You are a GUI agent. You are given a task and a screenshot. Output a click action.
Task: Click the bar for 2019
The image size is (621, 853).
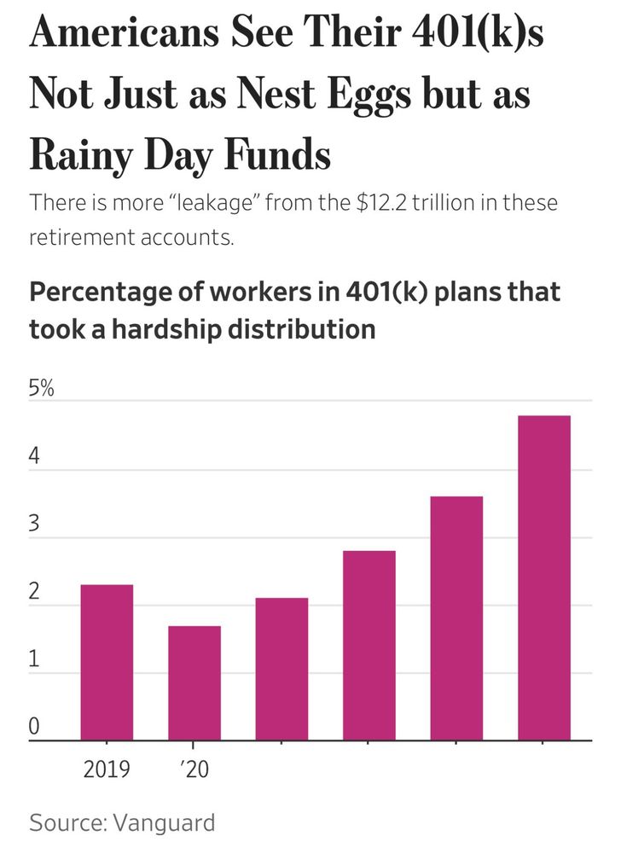click(107, 662)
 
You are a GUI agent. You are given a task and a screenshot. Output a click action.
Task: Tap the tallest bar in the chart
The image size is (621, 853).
click(543, 577)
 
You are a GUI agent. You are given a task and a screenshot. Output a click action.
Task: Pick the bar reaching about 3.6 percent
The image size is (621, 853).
click(456, 618)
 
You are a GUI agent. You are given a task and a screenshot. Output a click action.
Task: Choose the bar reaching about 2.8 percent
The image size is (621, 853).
click(369, 645)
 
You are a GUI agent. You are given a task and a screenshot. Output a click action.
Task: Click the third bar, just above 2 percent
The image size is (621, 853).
click(281, 669)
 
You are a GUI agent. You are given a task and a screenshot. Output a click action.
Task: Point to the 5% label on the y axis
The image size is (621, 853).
click(42, 391)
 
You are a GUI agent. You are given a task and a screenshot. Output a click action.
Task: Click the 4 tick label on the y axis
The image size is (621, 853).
click(34, 456)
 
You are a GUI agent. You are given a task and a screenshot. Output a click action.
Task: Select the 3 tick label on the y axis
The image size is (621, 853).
click(34, 524)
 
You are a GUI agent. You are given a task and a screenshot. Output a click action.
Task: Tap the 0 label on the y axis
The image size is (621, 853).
click(34, 727)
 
